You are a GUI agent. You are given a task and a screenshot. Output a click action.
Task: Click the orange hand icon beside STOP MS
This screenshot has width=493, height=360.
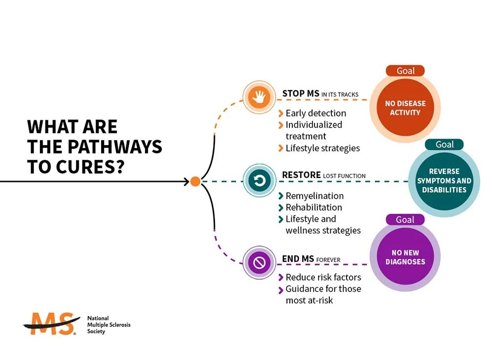click(259, 98)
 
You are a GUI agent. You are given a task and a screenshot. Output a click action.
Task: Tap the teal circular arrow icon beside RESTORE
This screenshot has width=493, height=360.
click(259, 181)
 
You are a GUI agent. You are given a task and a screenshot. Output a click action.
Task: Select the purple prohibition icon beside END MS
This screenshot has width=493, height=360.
click(259, 263)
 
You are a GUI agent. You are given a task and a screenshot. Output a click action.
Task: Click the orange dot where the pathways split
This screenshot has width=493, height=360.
click(195, 181)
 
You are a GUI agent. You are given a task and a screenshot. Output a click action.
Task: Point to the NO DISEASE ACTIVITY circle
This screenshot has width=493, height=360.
click(405, 108)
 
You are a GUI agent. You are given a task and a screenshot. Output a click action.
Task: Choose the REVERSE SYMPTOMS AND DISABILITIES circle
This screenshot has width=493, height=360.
click(444, 180)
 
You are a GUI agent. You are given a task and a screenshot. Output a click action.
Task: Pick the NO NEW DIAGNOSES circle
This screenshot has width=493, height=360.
click(405, 257)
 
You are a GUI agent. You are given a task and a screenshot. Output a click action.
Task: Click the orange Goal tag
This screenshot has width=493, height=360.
click(406, 71)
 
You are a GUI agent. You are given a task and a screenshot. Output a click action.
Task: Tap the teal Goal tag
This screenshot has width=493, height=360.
click(445, 144)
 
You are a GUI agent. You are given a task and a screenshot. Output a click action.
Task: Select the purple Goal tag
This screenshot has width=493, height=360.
click(405, 219)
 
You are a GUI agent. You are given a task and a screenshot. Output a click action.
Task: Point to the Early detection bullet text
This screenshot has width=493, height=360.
click(316, 113)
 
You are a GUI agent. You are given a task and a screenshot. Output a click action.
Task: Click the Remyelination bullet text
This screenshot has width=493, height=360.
click(315, 196)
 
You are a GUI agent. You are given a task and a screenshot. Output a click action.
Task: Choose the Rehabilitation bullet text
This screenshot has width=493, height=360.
click(314, 207)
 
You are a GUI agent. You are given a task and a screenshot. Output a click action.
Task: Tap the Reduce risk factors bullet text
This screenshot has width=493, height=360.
click(323, 277)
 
